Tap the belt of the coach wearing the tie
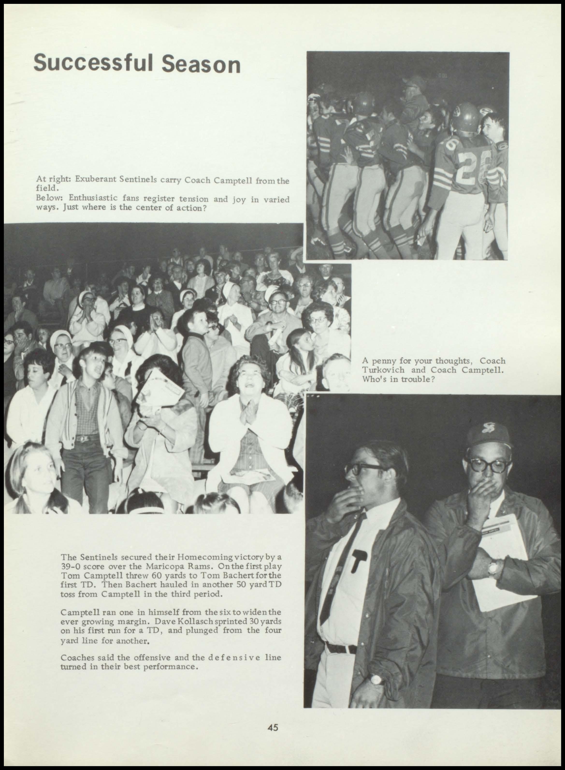click(x=340, y=647)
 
